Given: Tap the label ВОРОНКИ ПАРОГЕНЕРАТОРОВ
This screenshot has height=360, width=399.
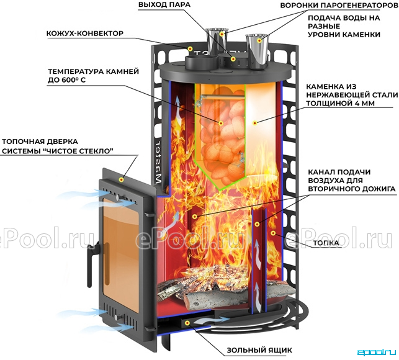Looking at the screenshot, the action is (339, 6).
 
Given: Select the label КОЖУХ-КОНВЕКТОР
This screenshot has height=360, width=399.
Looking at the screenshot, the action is (85, 34).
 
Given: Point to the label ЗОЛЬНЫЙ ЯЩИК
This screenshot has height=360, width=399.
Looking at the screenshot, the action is (259, 350).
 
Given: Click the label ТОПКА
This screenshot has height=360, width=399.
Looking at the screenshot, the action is (326, 243).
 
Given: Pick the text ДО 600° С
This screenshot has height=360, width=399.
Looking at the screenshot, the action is (66, 80).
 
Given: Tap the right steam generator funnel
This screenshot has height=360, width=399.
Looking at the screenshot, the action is (256, 51).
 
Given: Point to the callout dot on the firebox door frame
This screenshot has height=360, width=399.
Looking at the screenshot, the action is (122, 180).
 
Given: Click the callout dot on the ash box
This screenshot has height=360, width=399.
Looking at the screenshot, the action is (187, 323).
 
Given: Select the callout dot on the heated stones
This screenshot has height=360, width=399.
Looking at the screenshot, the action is (221, 124).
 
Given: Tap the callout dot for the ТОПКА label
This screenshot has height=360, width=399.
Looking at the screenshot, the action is (273, 233).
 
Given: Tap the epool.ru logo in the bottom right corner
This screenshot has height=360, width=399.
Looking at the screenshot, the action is (377, 353).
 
